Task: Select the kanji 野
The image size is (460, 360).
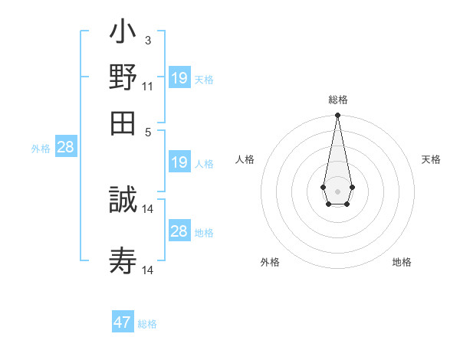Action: pos(123,77)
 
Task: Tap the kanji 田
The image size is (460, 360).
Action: pos(123,122)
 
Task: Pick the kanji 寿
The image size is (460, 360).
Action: pos(123,261)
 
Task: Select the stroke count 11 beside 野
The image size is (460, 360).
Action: pos(147,87)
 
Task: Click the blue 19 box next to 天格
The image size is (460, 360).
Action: pos(179,77)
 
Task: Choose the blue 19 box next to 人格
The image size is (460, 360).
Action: pos(179,162)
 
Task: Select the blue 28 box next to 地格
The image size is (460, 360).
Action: pos(179,231)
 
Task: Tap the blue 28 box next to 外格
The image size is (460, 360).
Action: pos(65,147)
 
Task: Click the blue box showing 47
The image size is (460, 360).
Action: pos(123,322)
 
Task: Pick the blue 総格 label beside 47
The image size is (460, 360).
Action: pos(147,324)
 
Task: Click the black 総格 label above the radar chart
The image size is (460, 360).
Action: pos(338,100)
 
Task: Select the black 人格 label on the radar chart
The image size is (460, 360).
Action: pos(245,159)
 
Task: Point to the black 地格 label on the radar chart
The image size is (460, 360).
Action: pos(402,262)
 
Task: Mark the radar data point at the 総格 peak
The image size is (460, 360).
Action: pos(337,116)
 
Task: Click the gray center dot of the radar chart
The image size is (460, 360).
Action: pos(337,190)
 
